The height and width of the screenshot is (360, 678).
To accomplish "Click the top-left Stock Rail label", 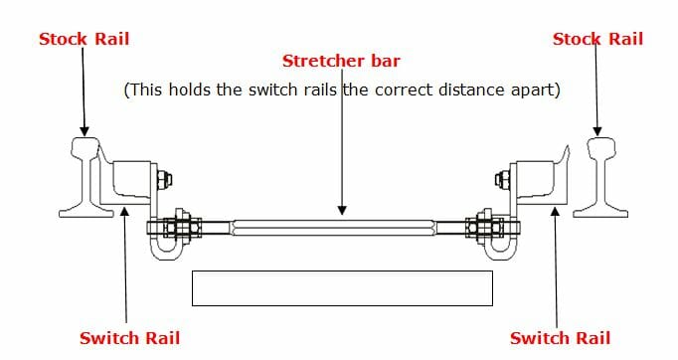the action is [84, 40].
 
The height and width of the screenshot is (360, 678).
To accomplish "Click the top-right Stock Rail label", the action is [597, 40].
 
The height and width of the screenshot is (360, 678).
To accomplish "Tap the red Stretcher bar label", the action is [341, 62].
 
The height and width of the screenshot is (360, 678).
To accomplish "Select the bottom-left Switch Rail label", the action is [129, 338].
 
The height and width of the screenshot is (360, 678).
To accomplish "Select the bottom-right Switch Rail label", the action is [560, 338].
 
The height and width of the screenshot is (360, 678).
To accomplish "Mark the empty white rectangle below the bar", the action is [341, 287].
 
